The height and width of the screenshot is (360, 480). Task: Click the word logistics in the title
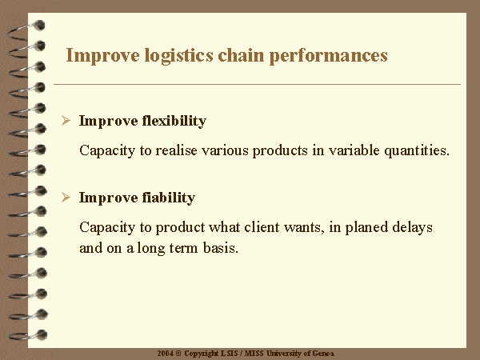coord(178,56)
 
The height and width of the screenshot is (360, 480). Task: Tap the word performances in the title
coord(329,56)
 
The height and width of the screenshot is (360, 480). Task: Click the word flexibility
coord(174,121)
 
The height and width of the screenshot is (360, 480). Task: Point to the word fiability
coord(169,198)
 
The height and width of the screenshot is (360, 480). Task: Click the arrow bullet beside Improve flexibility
coord(66,121)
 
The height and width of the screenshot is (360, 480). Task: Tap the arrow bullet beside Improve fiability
coord(66,198)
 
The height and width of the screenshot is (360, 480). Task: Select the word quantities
coord(417,151)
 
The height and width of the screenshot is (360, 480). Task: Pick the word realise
coord(176,150)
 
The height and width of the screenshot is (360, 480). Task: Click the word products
coord(280,151)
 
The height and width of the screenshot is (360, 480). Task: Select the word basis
coord(221,248)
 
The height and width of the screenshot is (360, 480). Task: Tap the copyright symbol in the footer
coord(178,354)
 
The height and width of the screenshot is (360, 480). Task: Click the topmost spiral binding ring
coord(26,31)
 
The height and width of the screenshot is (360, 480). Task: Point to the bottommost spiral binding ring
coord(28,335)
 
